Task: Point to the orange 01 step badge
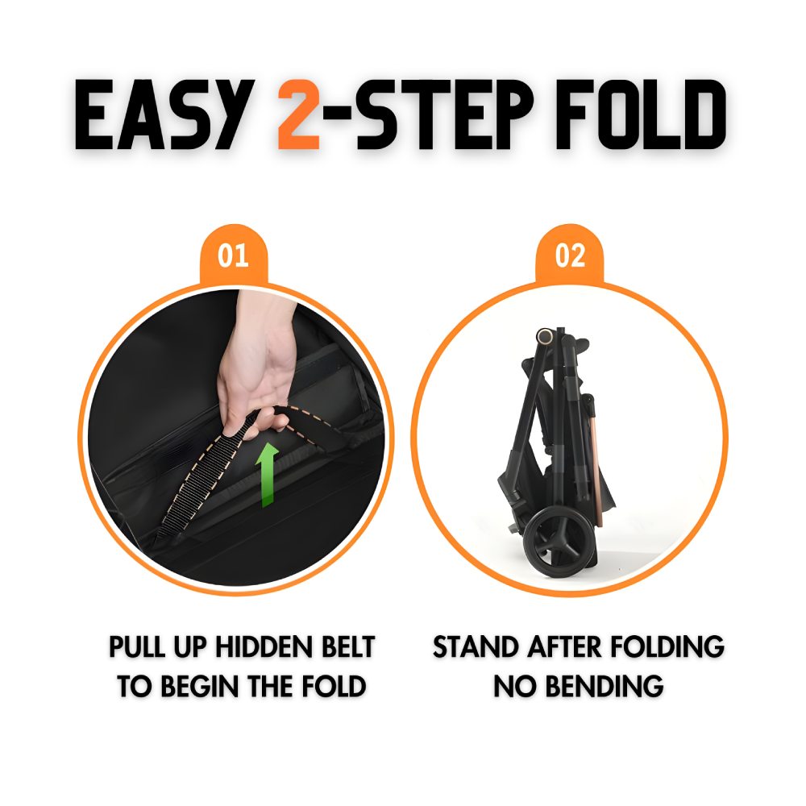coord(233,256)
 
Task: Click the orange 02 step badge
coord(570,256)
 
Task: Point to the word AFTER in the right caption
coord(567,647)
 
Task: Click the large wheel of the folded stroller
coord(555,538)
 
